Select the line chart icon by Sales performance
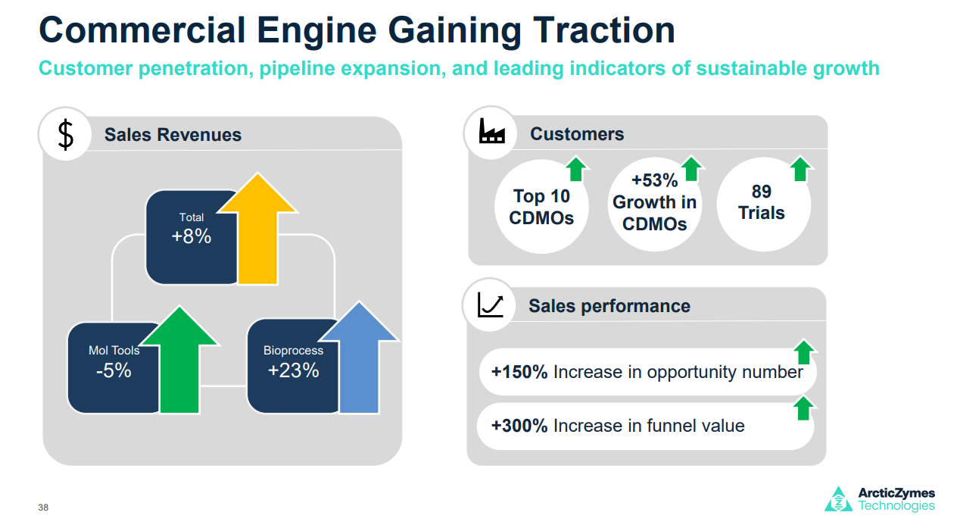491,305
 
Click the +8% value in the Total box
192,236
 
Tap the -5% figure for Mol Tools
114,370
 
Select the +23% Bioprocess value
293,370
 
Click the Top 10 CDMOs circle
541,207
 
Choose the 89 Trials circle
762,202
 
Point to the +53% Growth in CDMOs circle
654,202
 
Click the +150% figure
519,372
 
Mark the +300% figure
519,426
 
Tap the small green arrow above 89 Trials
800,168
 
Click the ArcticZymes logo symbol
838,499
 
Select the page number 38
43,508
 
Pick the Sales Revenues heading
173,135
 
